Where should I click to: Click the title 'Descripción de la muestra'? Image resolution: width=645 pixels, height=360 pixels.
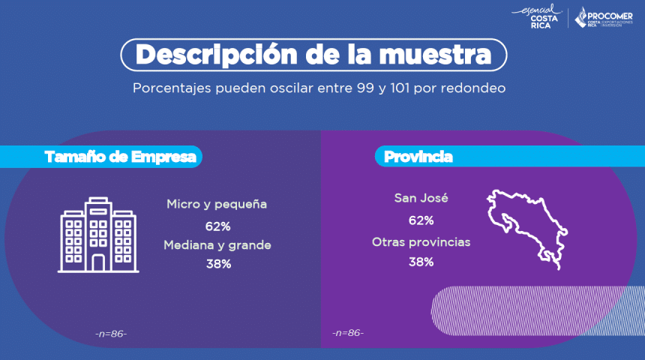313,55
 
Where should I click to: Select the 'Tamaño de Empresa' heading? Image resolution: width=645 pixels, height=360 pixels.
121,157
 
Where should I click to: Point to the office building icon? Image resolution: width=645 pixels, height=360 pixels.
98,234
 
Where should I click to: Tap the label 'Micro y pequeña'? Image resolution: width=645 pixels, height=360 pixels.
217,204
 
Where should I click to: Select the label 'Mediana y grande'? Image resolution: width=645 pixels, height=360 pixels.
217,245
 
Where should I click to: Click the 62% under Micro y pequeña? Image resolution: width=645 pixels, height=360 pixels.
217,225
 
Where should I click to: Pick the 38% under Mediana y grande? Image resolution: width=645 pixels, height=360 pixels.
217,264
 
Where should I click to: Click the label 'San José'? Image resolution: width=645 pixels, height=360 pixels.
421,199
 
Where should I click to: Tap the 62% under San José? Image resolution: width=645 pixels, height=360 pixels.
421,220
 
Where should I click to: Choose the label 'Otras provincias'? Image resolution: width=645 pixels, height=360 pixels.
421,242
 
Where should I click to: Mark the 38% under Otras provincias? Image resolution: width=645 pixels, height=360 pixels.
421,262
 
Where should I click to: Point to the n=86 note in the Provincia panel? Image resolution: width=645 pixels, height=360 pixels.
347,332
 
